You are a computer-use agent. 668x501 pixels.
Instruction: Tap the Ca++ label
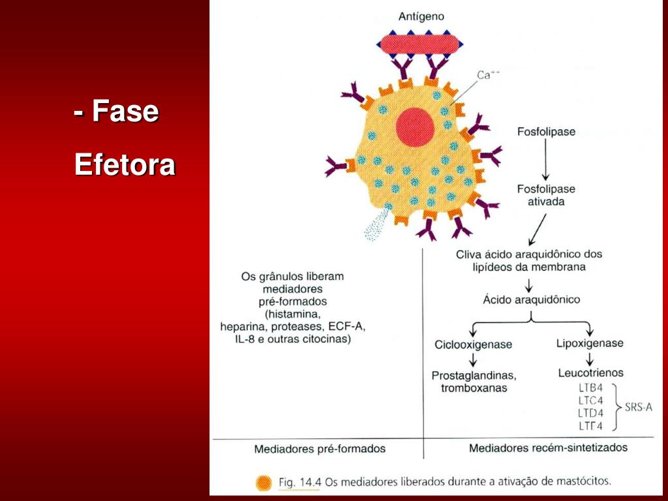pos(488,76)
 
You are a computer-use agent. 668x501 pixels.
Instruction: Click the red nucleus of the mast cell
pos(414,125)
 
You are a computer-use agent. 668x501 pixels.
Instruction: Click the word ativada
pos(546,202)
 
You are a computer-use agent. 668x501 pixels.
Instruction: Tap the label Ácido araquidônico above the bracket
pos(531,300)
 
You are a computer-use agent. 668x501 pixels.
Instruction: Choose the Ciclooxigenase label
pos(473,344)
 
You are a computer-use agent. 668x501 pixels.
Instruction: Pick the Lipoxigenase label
pos(590,343)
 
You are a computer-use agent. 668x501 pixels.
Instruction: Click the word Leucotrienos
pos(590,373)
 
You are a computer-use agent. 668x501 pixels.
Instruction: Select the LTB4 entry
pos(590,387)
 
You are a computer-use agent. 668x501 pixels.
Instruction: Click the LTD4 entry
pos(590,413)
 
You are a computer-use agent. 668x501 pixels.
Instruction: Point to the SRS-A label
pos(638,407)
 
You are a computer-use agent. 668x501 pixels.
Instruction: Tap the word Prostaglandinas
pos(474,376)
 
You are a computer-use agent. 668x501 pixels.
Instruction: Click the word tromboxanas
pos(474,388)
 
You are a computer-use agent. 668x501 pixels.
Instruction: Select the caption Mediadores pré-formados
pos(319,449)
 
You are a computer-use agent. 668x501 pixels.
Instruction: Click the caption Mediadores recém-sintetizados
pos(548,448)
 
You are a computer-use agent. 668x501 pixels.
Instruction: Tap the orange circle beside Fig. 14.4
pos(264,483)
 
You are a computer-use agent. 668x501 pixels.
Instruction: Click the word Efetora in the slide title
pos(124,164)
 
